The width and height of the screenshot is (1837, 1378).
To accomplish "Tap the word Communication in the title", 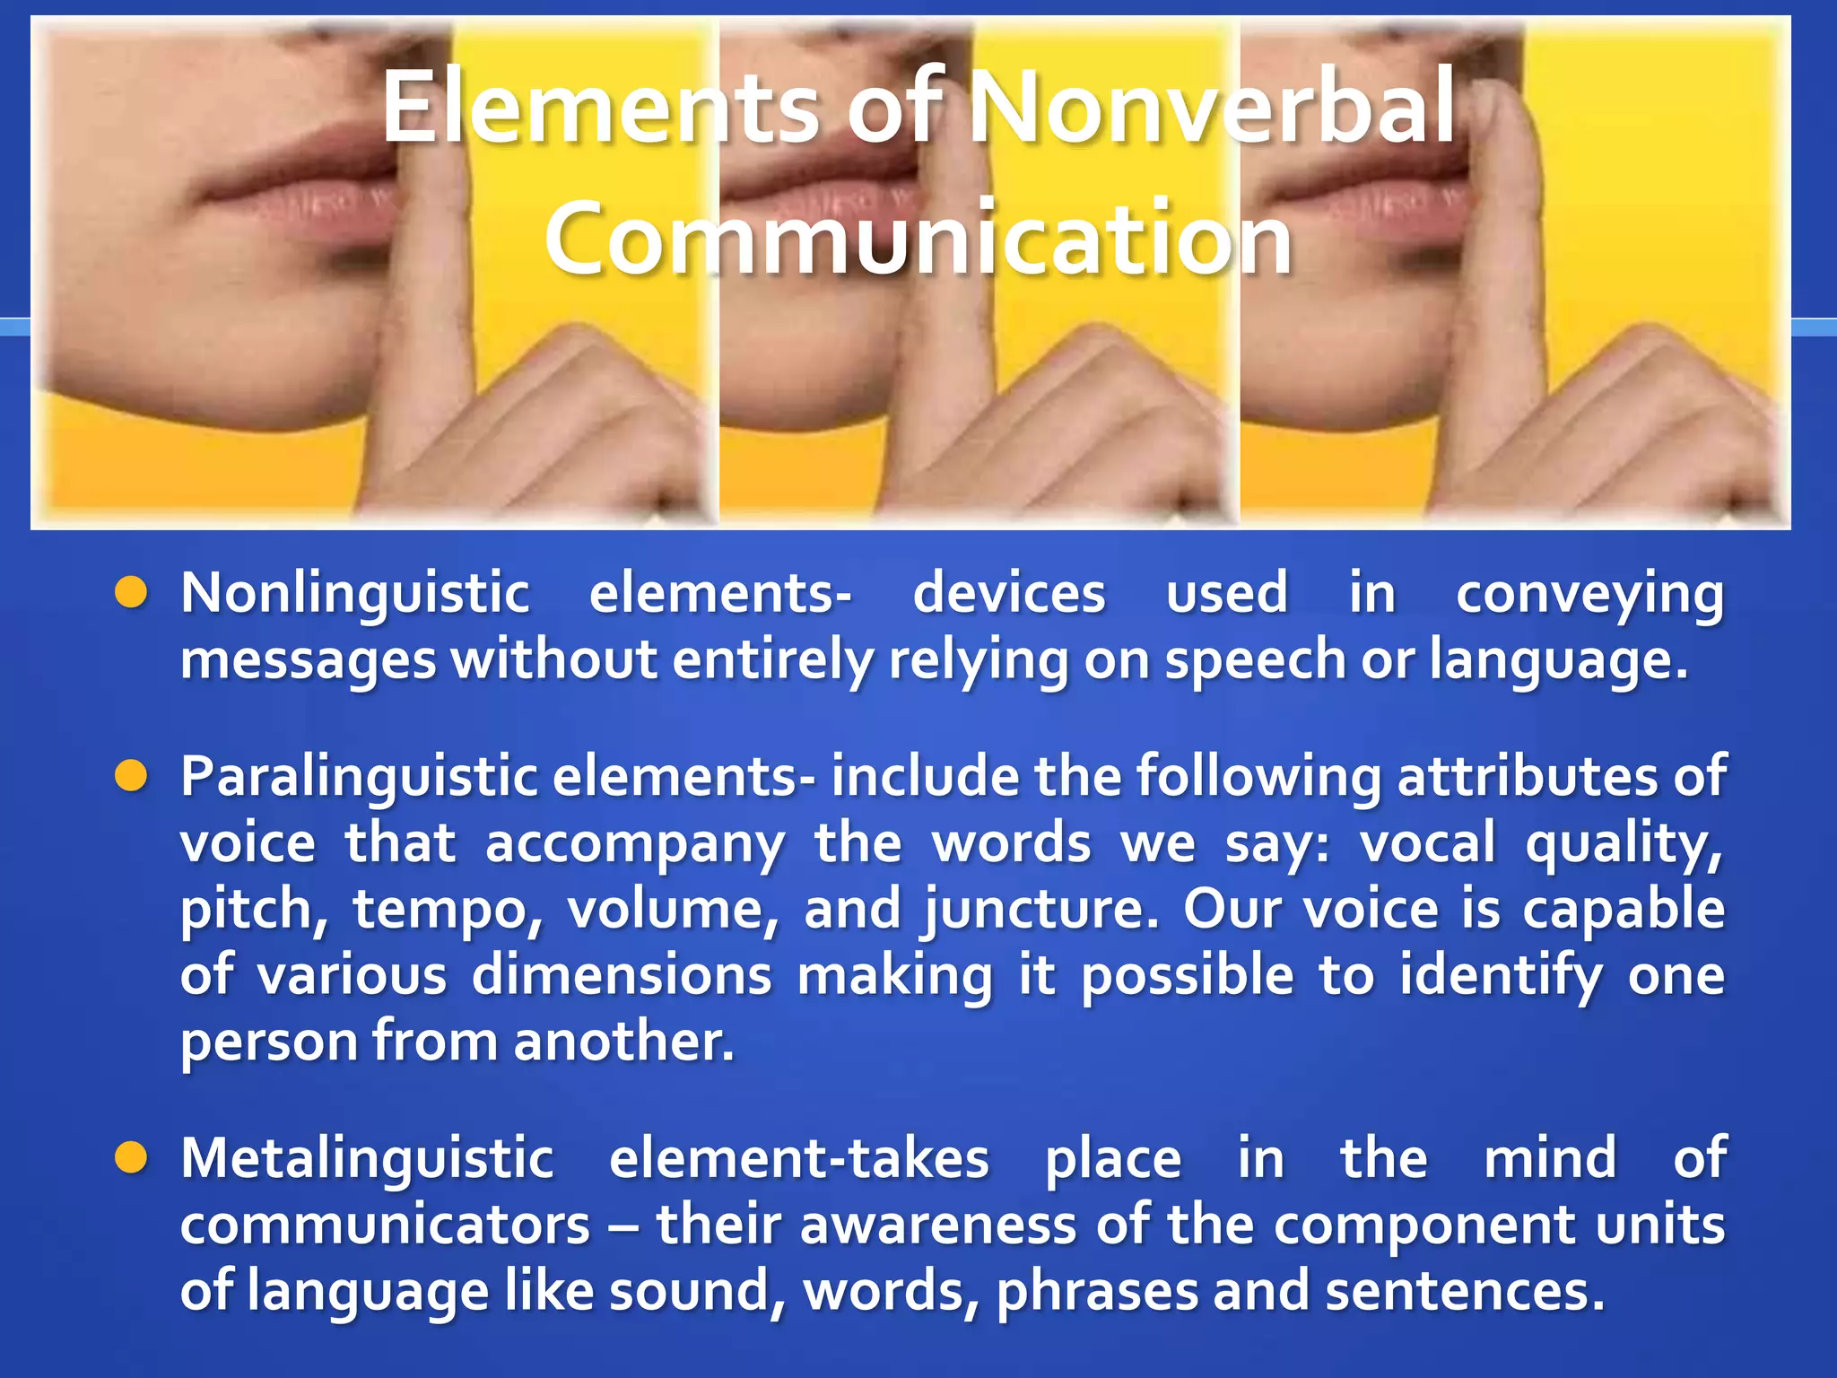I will point(918,238).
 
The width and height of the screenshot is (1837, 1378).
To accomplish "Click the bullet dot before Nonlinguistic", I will point(131,592).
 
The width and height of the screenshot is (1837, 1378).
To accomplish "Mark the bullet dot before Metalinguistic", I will point(131,1157).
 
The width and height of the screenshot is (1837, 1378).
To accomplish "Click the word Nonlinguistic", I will point(355,594).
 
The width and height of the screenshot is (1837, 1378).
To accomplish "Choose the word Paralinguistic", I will point(359,777).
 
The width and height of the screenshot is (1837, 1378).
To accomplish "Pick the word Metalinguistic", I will point(368,1158).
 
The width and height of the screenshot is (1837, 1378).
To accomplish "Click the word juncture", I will point(1040,910).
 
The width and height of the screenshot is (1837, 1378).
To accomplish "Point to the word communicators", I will point(386,1225).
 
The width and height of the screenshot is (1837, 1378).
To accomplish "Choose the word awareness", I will point(938,1225).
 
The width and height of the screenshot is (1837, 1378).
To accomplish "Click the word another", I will point(624,1042).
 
